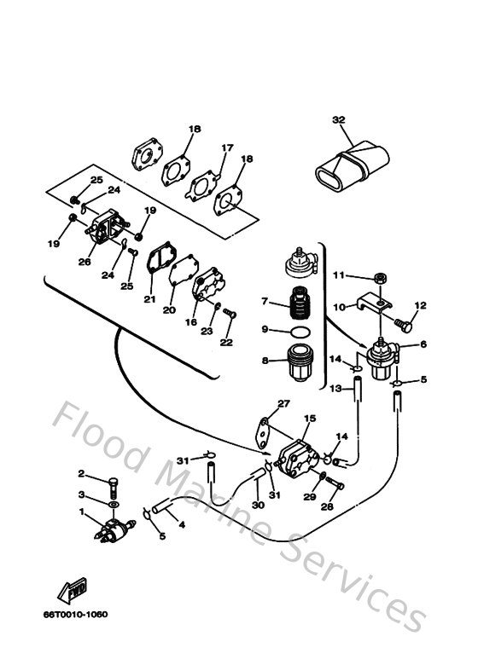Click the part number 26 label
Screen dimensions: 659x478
[x=85, y=262]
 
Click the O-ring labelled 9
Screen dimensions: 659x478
[x=299, y=332]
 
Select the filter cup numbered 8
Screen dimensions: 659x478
[x=300, y=361]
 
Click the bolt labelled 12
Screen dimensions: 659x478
[x=405, y=324]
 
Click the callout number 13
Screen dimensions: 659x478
[x=336, y=389]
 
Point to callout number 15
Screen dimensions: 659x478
[x=310, y=419]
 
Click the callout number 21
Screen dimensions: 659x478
[x=149, y=298]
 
